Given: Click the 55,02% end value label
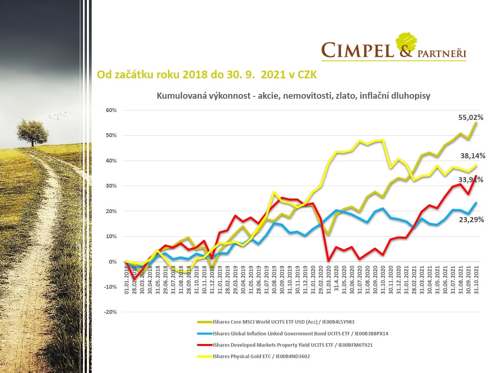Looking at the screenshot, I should (471, 117).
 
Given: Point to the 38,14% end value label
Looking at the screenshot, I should (473, 156).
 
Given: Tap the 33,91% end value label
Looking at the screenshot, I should (471, 180).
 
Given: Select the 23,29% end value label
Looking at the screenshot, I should (471, 220).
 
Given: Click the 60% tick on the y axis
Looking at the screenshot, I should (111, 110).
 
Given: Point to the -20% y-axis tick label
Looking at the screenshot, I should (110, 312).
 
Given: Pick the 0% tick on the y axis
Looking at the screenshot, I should (112, 262).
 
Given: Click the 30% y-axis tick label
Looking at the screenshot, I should (111, 186).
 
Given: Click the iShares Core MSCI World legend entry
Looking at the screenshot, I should (283, 322).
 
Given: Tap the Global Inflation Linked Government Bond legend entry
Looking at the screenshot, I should (300, 333).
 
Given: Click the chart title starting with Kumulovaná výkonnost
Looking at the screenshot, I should (293, 96).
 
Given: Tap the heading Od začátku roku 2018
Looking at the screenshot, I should (207, 75).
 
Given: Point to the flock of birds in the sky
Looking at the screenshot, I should (60, 116).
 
